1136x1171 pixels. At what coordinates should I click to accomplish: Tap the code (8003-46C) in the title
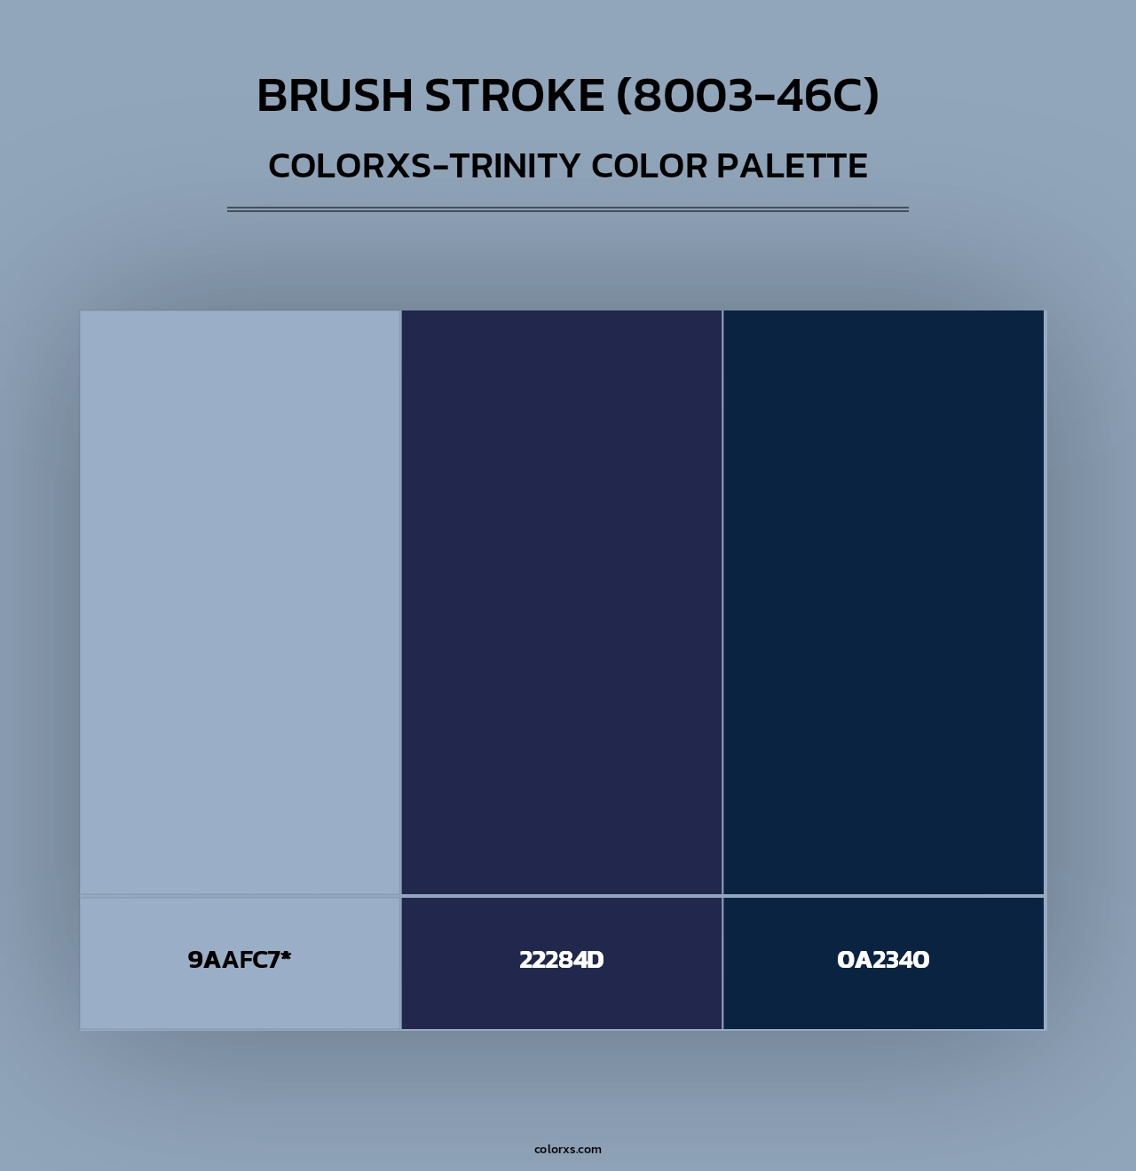[748, 96]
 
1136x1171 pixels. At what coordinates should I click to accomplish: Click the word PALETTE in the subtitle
[793, 166]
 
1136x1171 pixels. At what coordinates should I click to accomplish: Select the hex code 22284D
[562, 960]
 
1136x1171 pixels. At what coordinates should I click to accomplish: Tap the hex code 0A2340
[883, 960]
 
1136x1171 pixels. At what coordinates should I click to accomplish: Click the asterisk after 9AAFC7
[286, 956]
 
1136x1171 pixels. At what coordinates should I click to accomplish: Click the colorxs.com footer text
[568, 1149]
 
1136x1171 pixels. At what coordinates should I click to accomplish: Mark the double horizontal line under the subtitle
[568, 210]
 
